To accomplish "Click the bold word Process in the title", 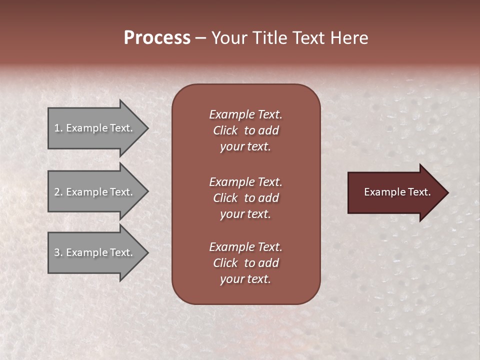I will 157,38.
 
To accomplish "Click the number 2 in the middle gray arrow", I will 56,192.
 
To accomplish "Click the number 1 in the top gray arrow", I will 56,128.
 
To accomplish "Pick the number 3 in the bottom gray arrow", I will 56,253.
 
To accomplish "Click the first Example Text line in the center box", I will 245,114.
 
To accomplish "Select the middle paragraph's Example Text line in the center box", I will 245,182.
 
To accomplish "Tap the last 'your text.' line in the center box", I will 245,279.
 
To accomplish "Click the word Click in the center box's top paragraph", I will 225,130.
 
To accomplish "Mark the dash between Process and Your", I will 200,38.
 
